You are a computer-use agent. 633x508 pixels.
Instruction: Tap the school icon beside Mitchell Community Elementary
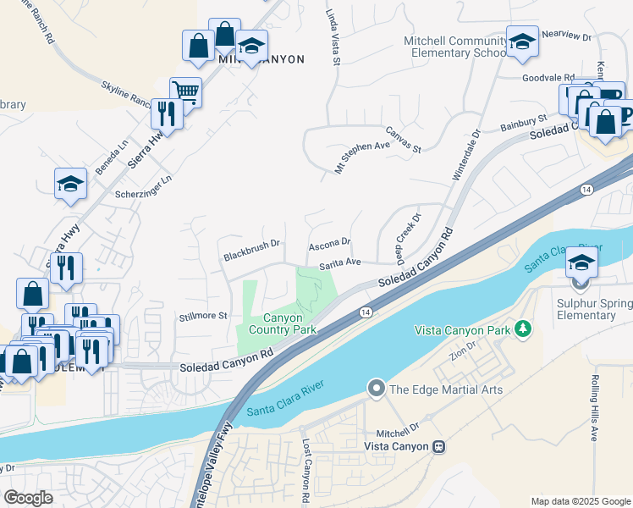click(x=522, y=41)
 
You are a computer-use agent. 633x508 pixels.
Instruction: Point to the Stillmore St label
click(x=203, y=316)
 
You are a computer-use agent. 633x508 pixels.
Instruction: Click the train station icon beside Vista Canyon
click(x=438, y=446)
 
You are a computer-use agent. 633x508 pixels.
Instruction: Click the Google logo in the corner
click(x=29, y=498)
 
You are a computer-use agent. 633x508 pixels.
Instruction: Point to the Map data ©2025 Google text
click(x=580, y=501)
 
